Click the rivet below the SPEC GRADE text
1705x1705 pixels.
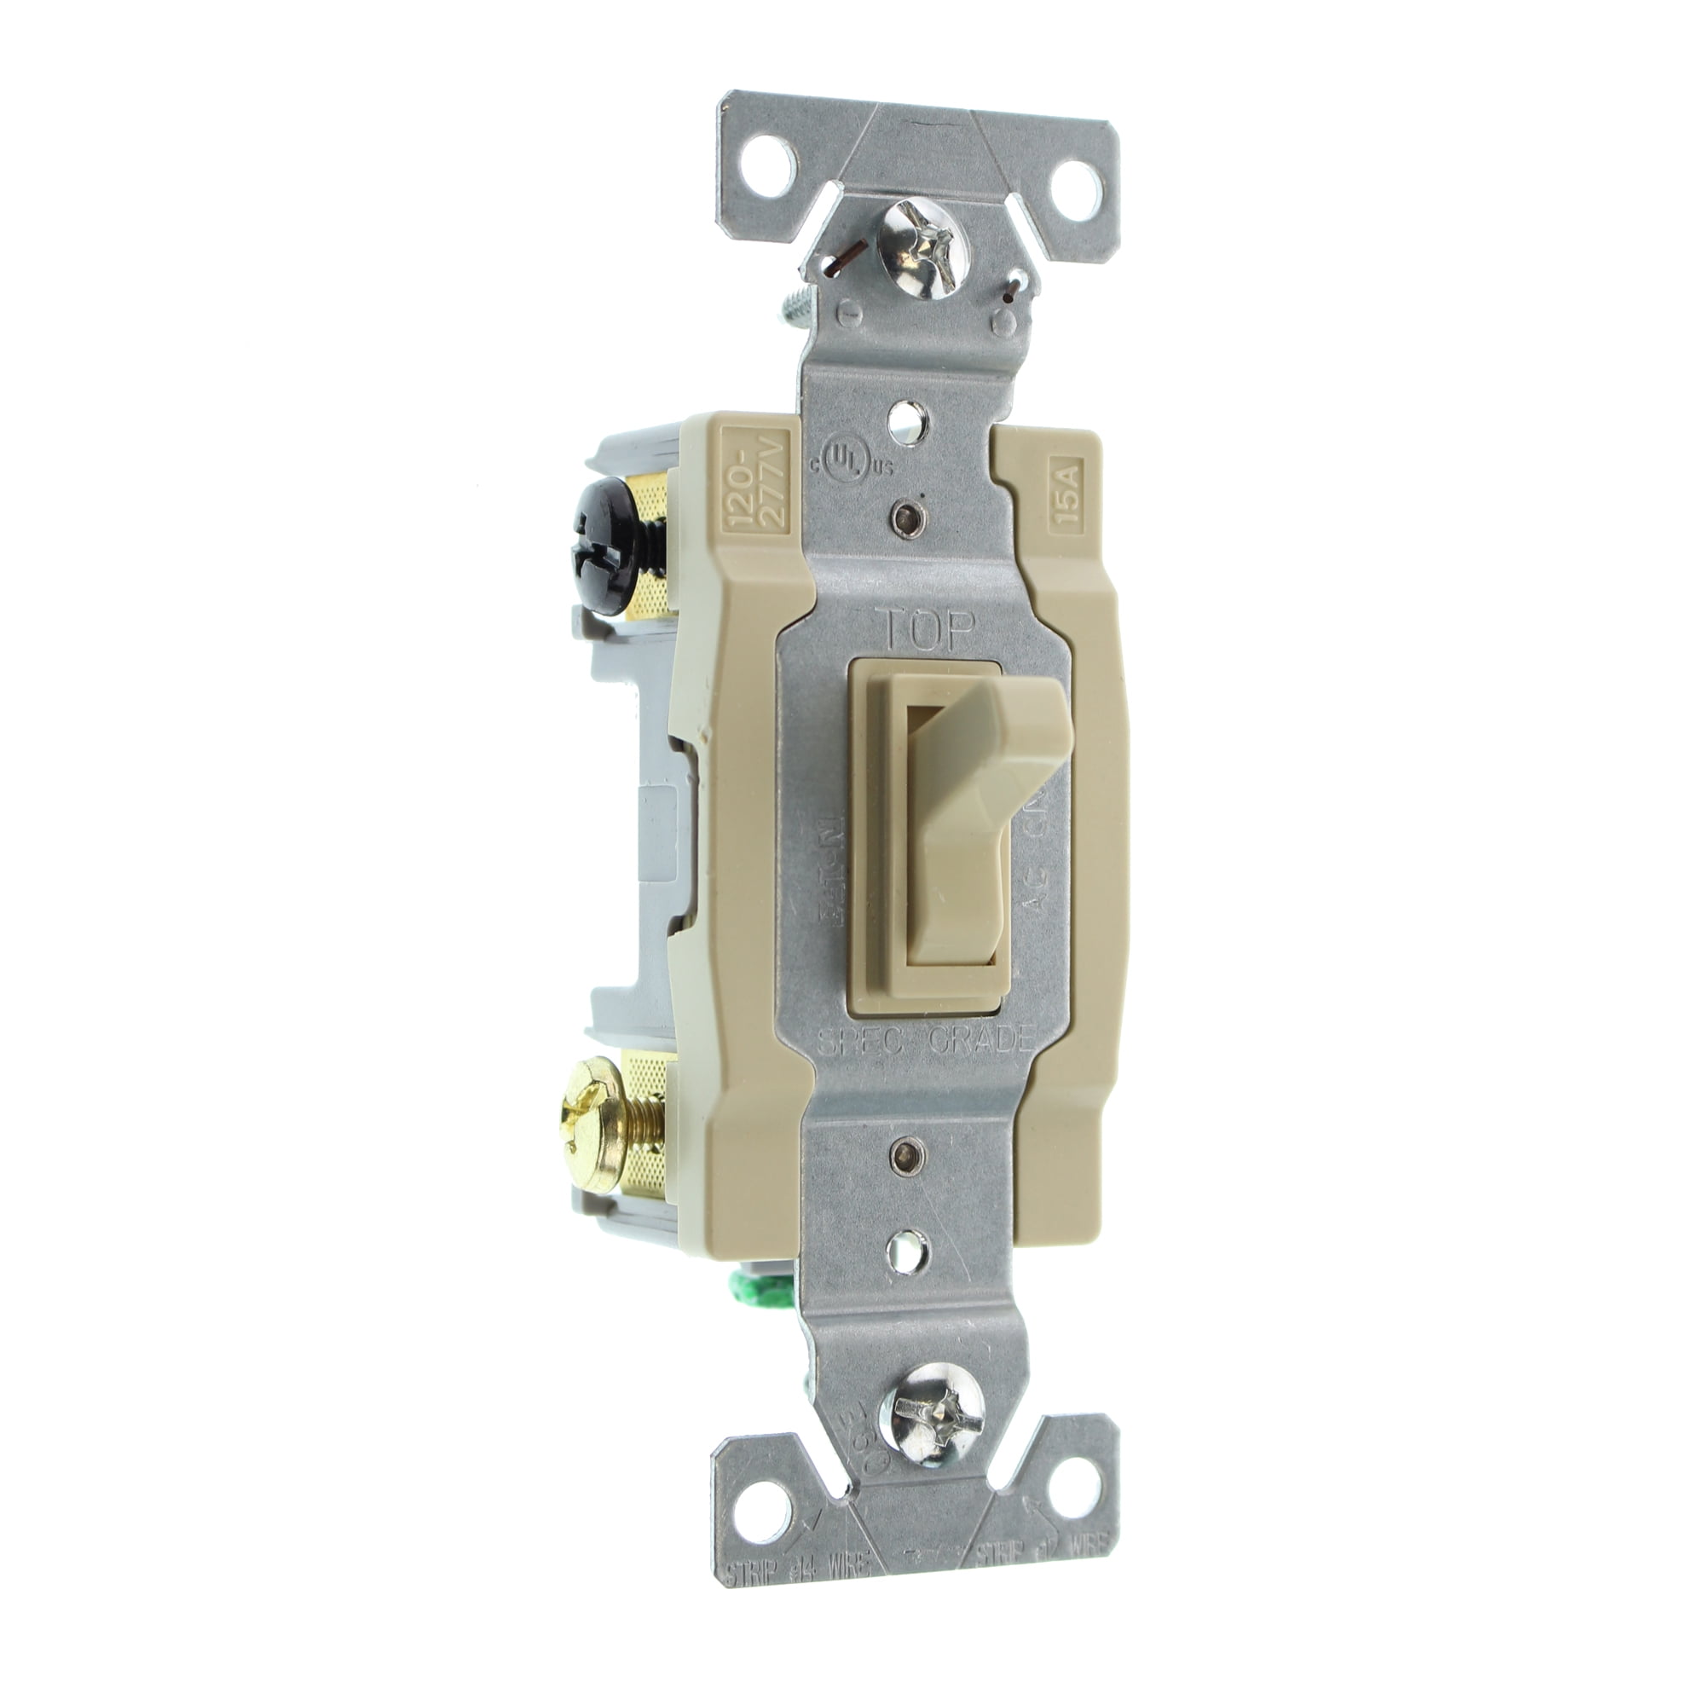click(x=903, y=1152)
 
